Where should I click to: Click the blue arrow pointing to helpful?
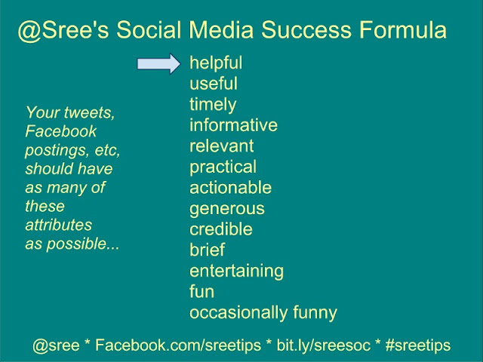pyautogui.click(x=159, y=63)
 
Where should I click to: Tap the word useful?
pyautogui.click(x=214, y=84)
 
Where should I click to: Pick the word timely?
pyautogui.click(x=213, y=105)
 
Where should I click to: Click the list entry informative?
pyautogui.click(x=233, y=125)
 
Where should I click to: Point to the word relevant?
pyautogui.click(x=221, y=146)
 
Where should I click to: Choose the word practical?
pyautogui.click(x=223, y=167)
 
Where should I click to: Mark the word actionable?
pyautogui.click(x=230, y=187)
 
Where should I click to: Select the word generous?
pyautogui.click(x=227, y=208)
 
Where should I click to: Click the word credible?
pyautogui.click(x=221, y=229)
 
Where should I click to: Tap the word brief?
pyautogui.click(x=207, y=250)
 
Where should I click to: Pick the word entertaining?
pyautogui.click(x=236, y=270)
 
